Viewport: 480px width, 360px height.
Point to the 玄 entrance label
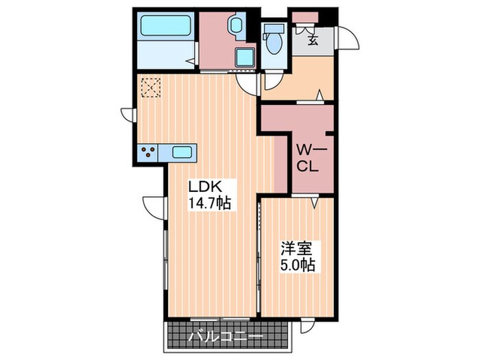tap(313, 40)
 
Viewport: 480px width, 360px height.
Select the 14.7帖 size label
tap(209, 203)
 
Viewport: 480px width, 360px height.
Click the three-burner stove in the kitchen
tap(148, 153)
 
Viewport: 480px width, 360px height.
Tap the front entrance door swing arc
tap(349, 37)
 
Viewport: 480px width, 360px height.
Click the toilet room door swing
tap(272, 82)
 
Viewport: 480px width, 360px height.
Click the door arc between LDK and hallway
tap(245, 83)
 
